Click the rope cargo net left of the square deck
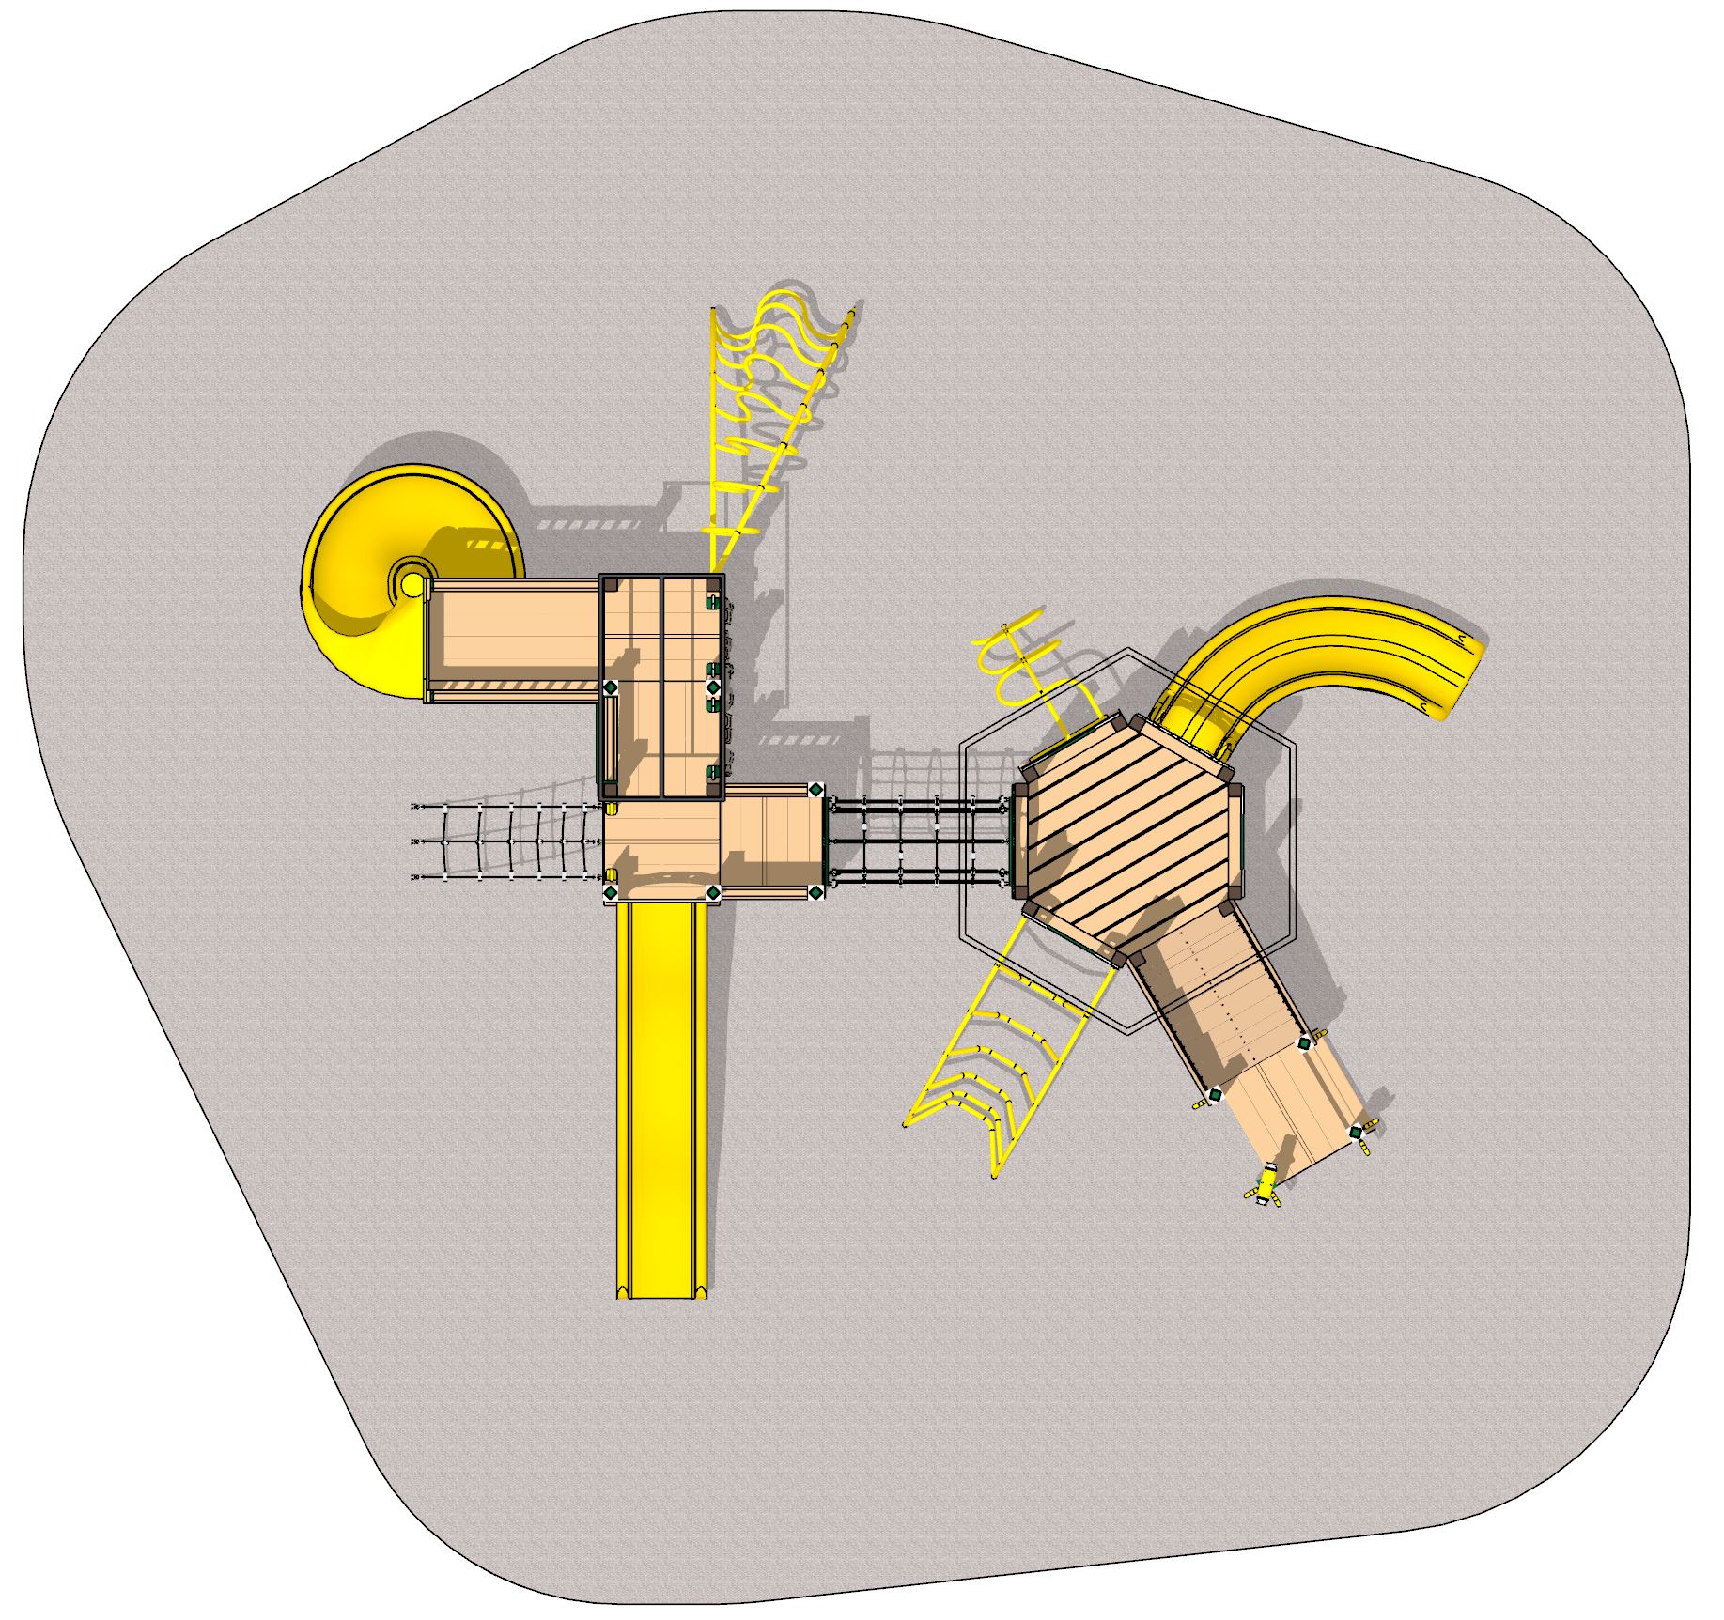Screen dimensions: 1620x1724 [507, 841]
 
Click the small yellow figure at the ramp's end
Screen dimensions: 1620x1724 [1267, 1185]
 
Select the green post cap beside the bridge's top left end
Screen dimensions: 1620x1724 [815, 790]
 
